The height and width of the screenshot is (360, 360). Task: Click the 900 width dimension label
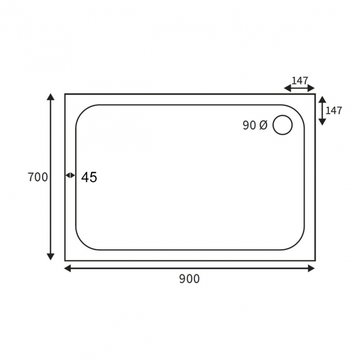pos(189,279)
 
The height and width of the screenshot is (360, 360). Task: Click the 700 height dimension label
pos(38,177)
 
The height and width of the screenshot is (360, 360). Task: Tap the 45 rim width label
pos(89,177)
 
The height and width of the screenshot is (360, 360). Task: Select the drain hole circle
pos(282,125)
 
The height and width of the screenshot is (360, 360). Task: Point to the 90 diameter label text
pos(249,126)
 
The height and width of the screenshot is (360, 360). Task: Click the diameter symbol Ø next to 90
pos(263,126)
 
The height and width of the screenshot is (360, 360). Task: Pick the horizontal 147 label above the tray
pos(300,80)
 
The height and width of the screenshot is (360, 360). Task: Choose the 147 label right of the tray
pos(333,110)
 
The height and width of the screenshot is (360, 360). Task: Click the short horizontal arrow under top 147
pos(299,88)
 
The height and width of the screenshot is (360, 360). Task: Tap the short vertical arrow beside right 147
pos(322,110)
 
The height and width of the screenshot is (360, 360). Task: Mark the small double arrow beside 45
pos(70,176)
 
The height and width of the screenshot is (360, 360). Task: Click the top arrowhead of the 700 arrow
pos(51,97)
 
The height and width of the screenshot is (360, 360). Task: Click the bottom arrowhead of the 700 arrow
pos(51,256)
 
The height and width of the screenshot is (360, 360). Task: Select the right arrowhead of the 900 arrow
pos(311,269)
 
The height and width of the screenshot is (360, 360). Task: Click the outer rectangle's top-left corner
pos(65,94)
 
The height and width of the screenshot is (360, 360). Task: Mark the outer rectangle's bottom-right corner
pos(315,260)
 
